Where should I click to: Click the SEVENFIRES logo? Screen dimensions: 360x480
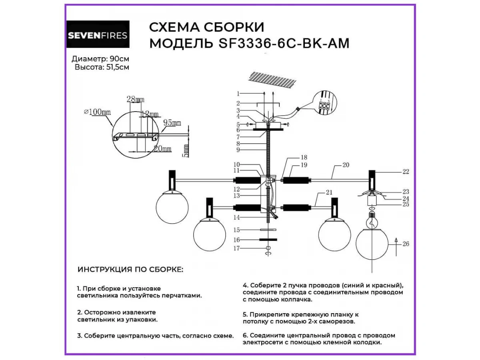(x=98, y=35)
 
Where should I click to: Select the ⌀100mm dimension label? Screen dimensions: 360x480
(x=97, y=112)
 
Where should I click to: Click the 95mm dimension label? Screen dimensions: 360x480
(x=172, y=123)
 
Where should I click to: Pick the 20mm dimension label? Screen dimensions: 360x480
(x=162, y=149)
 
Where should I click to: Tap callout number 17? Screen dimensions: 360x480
(x=237, y=248)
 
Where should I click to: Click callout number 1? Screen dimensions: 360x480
(x=238, y=94)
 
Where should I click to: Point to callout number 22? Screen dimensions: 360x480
(x=406, y=172)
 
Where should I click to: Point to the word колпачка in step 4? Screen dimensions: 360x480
(x=293, y=299)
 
